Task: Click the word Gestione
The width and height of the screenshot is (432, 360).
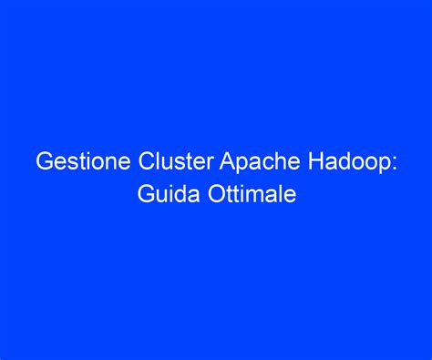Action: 74,164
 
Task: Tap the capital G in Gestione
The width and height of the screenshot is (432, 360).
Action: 44,164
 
